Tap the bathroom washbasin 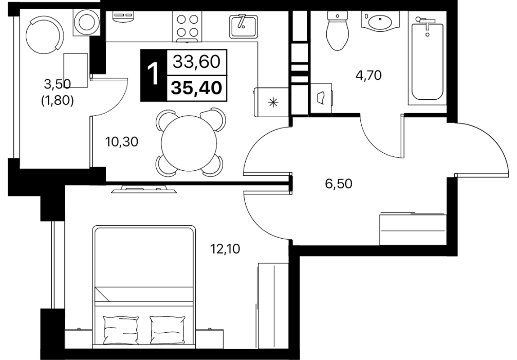click(380, 21)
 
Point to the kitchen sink click(243, 26)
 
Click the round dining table click(189, 142)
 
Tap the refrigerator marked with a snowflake click(272, 102)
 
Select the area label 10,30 click(121, 142)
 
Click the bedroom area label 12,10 click(226, 248)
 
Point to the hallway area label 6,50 click(339, 184)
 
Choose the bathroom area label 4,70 click(368, 75)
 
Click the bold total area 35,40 click(197, 88)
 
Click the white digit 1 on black click(154, 75)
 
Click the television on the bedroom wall click(143, 189)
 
